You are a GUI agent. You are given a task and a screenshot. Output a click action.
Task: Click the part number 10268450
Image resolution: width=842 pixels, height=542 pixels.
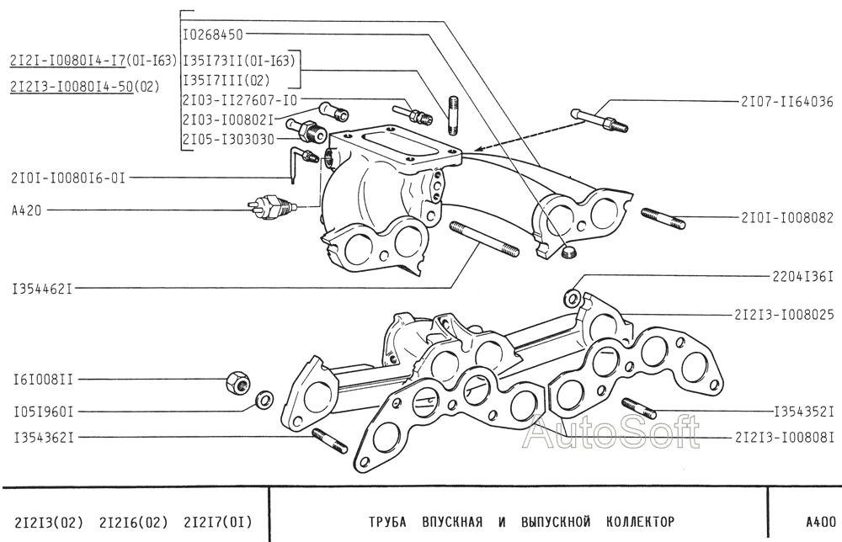[x=213, y=35]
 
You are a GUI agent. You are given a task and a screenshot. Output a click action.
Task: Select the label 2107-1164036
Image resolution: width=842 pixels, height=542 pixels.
[x=786, y=102]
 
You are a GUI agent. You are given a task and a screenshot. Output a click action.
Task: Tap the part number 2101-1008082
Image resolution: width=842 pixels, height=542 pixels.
[x=786, y=218]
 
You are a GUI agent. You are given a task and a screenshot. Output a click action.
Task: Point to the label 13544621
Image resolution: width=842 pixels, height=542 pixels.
[x=42, y=289]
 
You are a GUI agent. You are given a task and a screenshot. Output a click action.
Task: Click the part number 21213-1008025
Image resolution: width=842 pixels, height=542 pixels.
[x=784, y=315]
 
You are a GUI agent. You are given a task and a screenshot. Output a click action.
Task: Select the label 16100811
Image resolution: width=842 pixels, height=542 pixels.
[x=43, y=380]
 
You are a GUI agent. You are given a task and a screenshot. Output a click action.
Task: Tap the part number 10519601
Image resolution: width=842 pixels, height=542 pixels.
[x=43, y=412]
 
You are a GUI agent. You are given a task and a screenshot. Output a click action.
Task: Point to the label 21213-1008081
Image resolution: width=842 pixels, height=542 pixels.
[x=784, y=437]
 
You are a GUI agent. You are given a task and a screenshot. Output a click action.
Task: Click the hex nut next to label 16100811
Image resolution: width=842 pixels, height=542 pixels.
[x=237, y=383]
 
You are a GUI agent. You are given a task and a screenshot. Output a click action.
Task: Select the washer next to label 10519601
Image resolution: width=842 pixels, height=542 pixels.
[x=263, y=398]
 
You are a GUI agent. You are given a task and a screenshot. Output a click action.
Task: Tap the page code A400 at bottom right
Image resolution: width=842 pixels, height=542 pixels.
[x=819, y=521]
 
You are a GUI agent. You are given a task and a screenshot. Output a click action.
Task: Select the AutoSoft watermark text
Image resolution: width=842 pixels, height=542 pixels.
[x=611, y=434]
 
